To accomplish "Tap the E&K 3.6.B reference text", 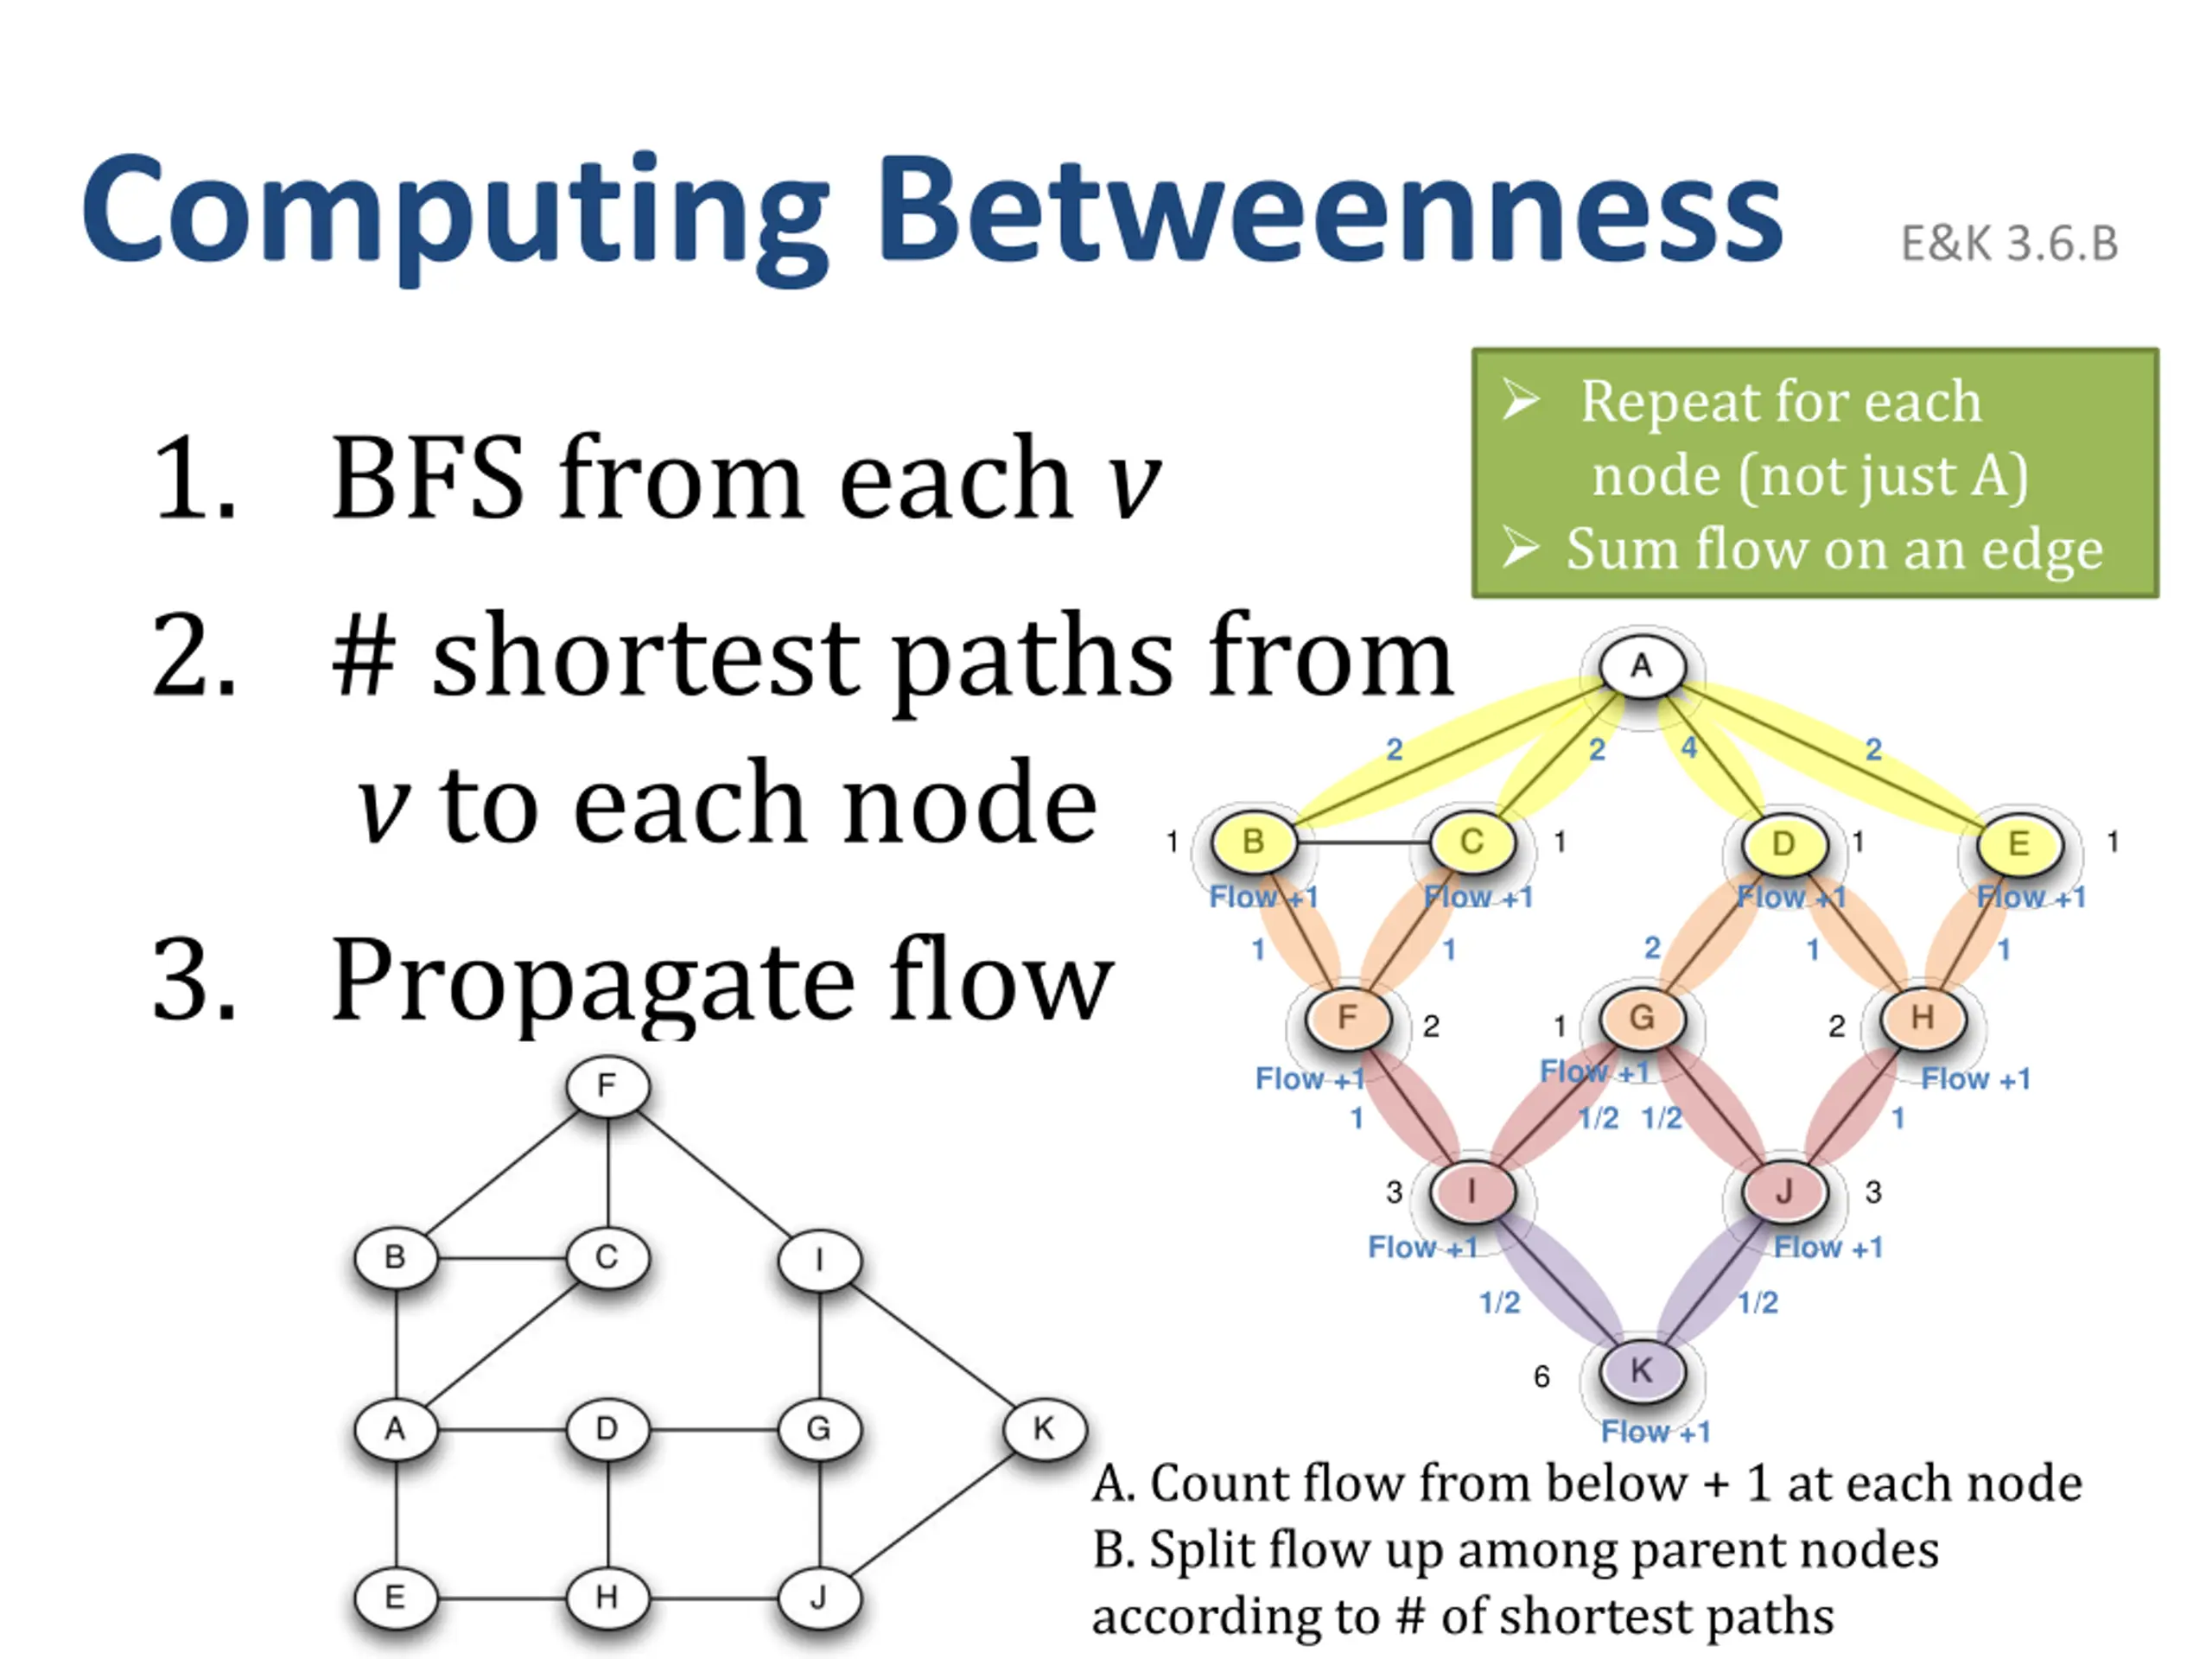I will click(x=2008, y=244).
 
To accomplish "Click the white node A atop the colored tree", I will click(x=1641, y=666).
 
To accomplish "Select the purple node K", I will click(x=1641, y=1370).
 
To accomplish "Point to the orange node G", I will click(x=1641, y=1018).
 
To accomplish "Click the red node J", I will click(x=1783, y=1191).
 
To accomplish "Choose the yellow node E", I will click(x=2019, y=843).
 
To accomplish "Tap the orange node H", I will click(x=1922, y=1018).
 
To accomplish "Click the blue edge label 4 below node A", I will click(x=1689, y=748).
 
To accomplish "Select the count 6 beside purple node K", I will click(x=1541, y=1377).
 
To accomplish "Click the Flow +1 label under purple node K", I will click(x=1655, y=1432).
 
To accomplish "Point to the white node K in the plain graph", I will click(x=1043, y=1429).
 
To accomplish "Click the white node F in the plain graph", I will click(x=607, y=1086).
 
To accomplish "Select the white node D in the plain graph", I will click(x=607, y=1429).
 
